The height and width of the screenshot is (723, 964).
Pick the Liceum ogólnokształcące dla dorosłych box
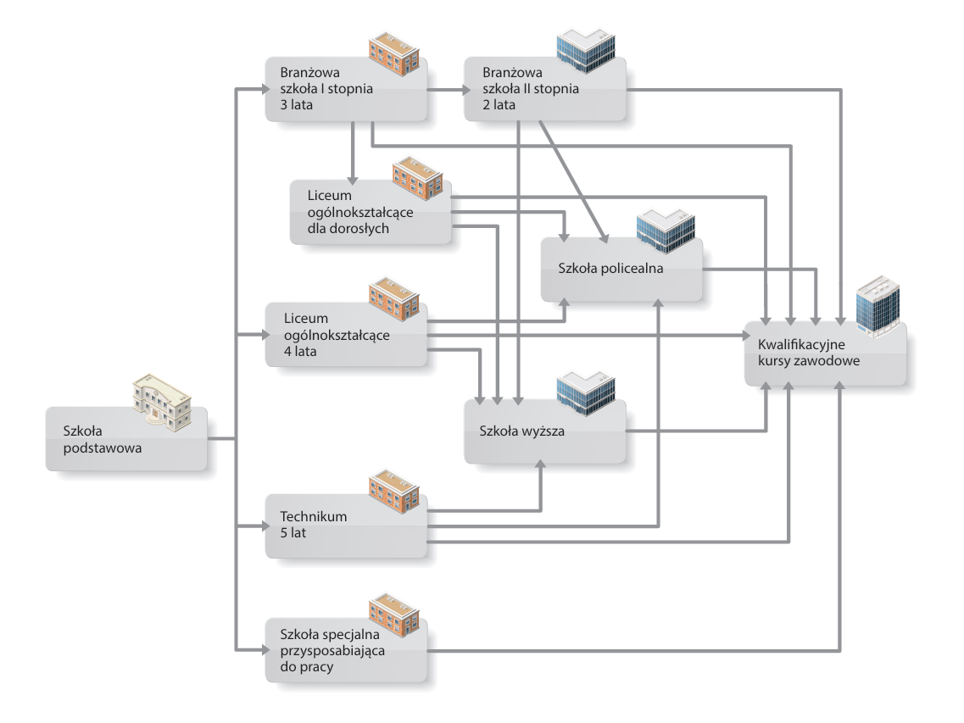[x=369, y=211]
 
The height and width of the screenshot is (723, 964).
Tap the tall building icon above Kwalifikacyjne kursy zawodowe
[x=878, y=307]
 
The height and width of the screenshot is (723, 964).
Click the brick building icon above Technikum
[x=393, y=486]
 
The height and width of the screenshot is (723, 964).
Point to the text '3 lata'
[x=297, y=105]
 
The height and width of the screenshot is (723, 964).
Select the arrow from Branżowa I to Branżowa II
[x=444, y=89]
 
